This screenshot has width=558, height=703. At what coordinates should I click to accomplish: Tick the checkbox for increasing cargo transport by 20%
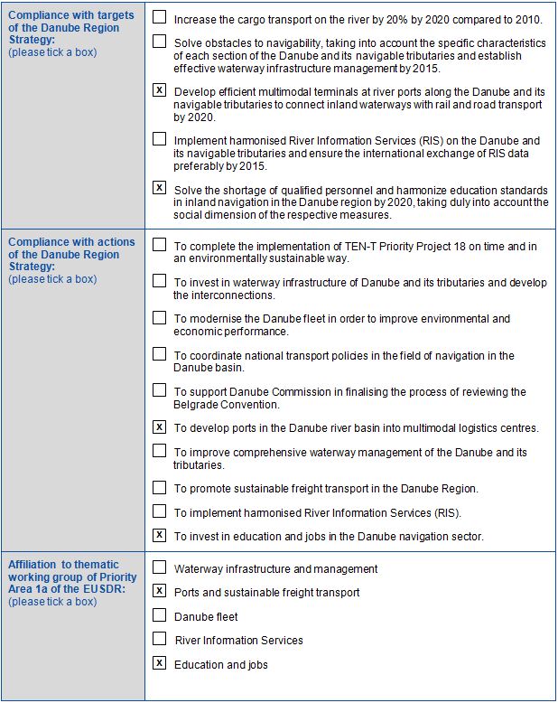pos(160,17)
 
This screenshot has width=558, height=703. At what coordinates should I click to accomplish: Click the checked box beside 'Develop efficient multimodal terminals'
pos(160,90)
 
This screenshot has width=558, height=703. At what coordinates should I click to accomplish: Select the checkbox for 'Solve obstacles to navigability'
pos(160,42)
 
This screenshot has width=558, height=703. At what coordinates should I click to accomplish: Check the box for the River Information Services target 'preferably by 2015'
pos(160,139)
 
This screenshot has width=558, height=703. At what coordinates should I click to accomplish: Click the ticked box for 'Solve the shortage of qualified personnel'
pos(160,188)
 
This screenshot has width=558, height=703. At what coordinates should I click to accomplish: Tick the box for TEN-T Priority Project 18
pos(160,244)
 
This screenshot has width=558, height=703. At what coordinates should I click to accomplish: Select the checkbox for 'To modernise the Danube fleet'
pos(160,317)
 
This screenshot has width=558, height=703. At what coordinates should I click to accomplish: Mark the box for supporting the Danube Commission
pos(160,390)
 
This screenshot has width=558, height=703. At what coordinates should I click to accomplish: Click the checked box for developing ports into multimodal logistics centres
pos(160,426)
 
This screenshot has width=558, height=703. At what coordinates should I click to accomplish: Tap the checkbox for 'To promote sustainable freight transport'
pos(160,487)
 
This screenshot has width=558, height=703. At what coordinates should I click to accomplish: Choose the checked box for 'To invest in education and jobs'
pos(160,535)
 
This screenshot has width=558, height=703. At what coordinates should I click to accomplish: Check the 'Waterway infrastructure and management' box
pos(160,568)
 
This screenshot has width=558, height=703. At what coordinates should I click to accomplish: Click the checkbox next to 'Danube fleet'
pos(160,615)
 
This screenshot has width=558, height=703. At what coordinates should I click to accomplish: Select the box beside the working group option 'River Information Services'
pos(160,639)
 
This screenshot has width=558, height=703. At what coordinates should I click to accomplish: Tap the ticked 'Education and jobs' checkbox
pos(160,663)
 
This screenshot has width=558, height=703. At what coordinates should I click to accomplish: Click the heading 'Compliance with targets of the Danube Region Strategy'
pos(71,28)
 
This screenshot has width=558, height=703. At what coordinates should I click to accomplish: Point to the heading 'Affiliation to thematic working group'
pos(72,577)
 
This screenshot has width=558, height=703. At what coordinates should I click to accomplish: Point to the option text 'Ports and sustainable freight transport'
pos(266,593)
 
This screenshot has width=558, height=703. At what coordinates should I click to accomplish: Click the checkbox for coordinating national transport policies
pos(160,354)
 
